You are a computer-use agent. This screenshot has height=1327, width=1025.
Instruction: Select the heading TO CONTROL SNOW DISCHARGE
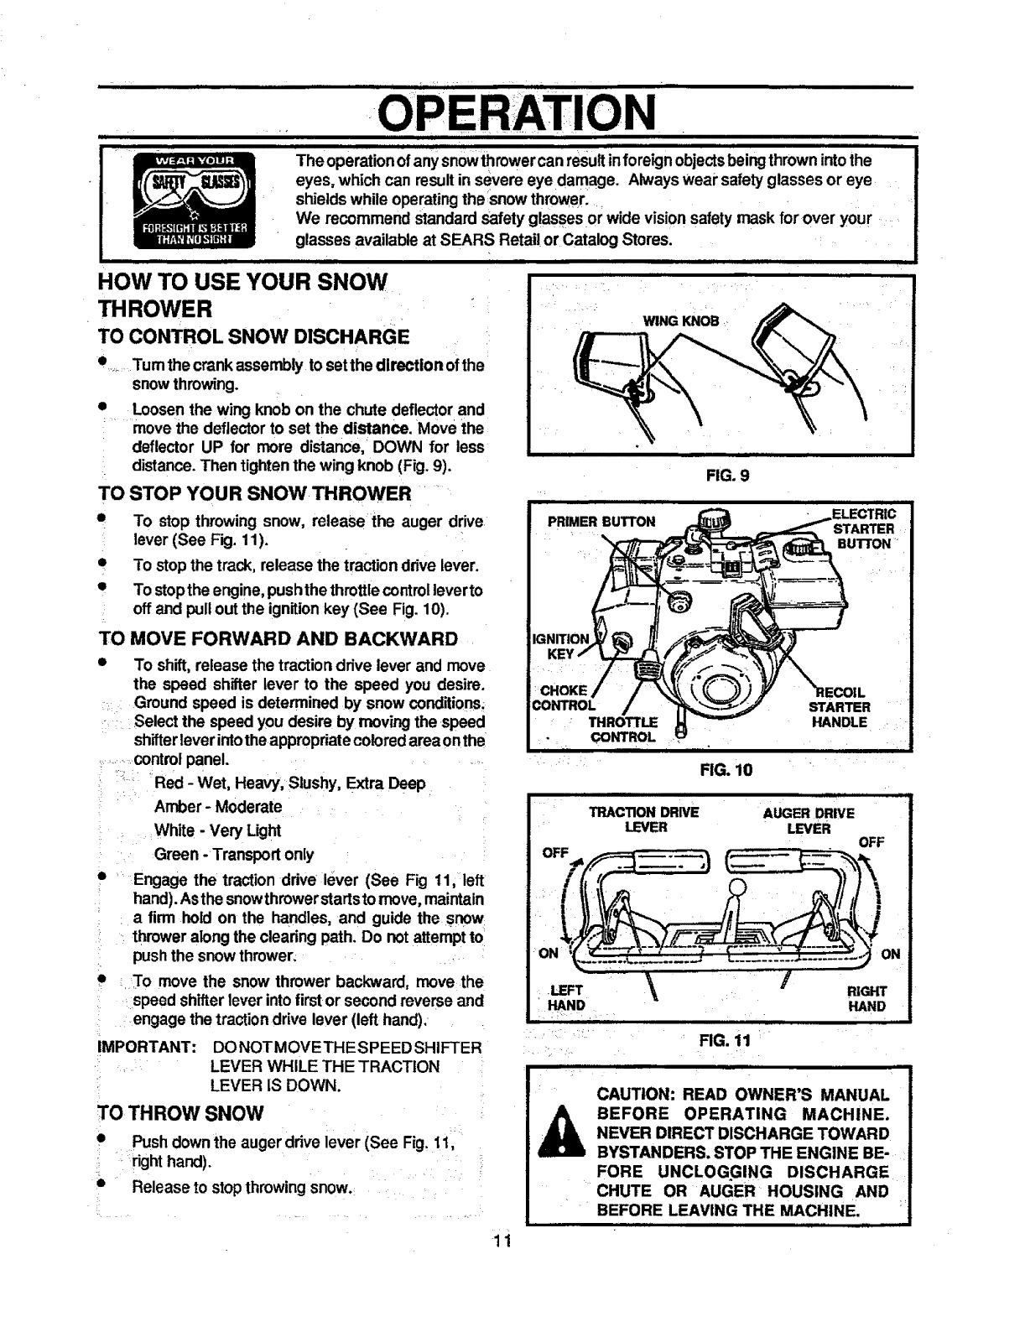tap(253, 337)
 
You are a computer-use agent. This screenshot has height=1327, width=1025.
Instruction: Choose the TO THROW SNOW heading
tap(181, 1113)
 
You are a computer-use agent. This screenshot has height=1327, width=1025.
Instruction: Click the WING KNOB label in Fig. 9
tap(680, 321)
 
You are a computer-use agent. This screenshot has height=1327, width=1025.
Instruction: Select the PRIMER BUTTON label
tap(601, 521)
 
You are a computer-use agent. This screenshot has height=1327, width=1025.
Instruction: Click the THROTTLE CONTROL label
tap(622, 730)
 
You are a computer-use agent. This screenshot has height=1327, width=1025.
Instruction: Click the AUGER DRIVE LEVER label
tap(808, 820)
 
